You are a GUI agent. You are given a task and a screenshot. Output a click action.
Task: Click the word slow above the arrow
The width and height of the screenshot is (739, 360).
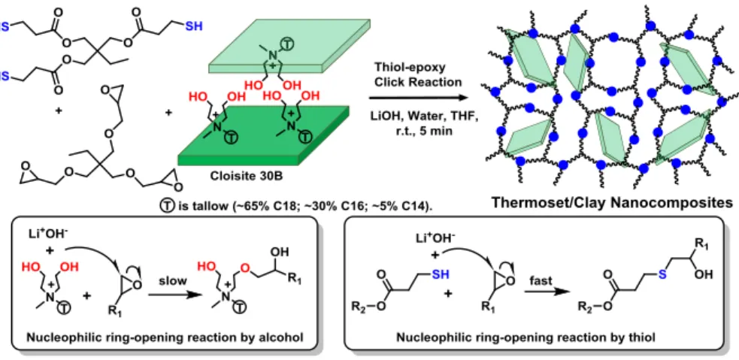(x=173, y=280)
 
